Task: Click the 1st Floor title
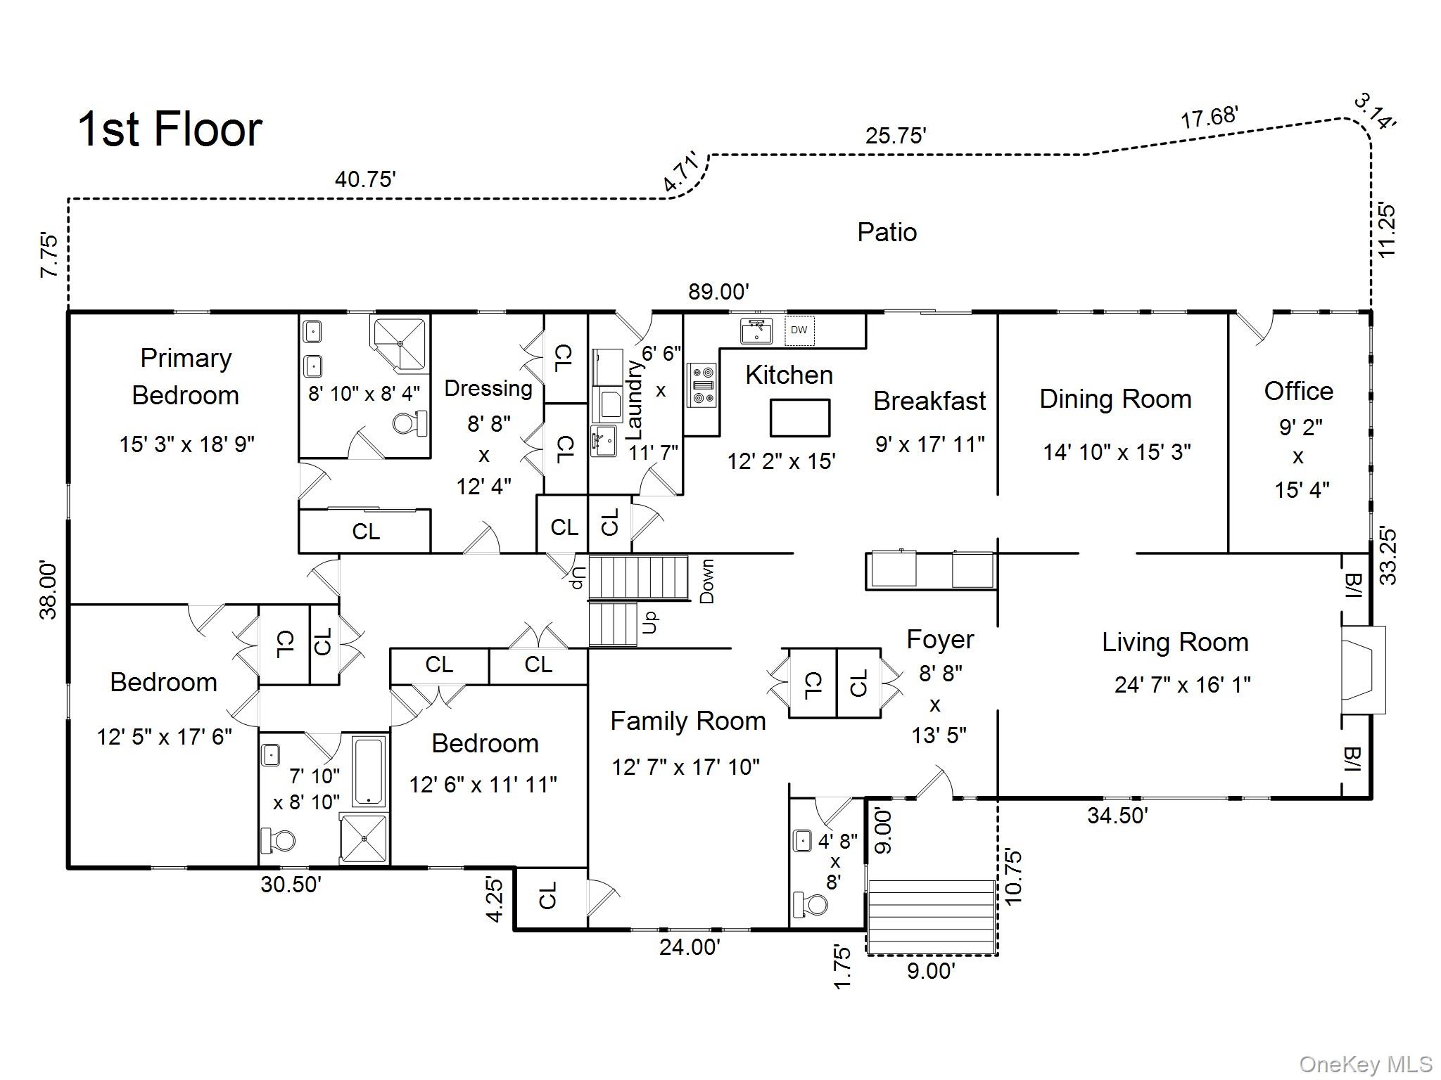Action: point(170,129)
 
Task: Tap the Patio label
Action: point(887,233)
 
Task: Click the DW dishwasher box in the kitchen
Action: point(799,330)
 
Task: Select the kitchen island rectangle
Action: point(800,418)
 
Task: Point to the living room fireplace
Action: point(1362,670)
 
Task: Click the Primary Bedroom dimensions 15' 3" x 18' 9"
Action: point(186,444)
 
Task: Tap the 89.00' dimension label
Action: point(718,292)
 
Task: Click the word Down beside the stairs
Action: point(706,581)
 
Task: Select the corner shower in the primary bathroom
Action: point(400,344)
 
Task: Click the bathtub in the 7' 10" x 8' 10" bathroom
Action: point(369,771)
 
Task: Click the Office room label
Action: point(1298,391)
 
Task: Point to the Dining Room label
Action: point(1115,399)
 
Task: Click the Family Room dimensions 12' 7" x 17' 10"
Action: point(685,767)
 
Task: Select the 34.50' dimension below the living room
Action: point(1117,816)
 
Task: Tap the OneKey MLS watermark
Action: point(1365,1065)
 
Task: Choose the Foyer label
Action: point(940,640)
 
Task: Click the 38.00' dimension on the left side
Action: point(48,590)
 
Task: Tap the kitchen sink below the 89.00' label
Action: point(756,330)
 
